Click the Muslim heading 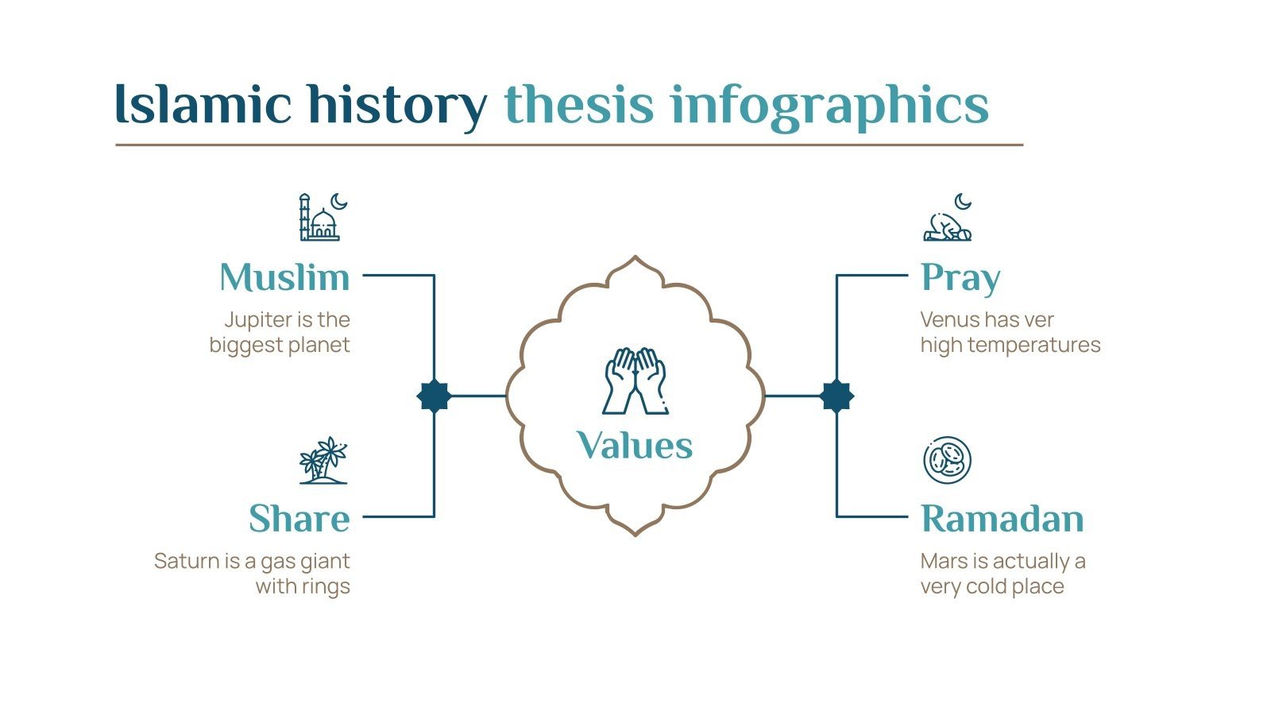pos(284,277)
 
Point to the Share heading pos(299,519)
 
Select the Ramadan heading pos(1003,519)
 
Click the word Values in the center pos(635,445)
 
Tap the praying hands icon pos(635,381)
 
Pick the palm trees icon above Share pos(323,460)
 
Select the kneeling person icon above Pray pos(947,226)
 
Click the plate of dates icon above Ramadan pos(947,459)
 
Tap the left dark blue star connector pos(434,396)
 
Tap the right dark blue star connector pos(836,396)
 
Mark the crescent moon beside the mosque pos(339,202)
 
